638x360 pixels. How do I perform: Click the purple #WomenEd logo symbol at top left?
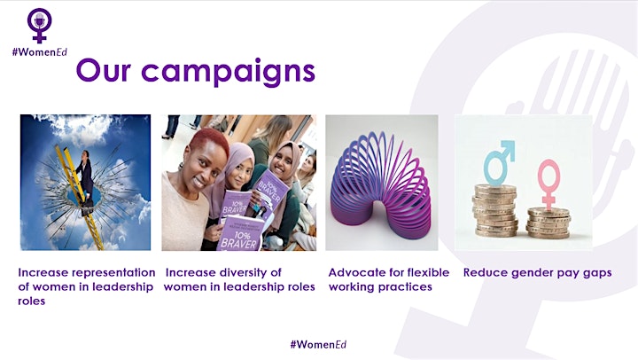pyautogui.click(x=40, y=25)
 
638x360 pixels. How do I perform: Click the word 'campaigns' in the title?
pyautogui.click(x=229, y=72)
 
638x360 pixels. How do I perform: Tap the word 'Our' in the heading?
pyautogui.click(x=104, y=70)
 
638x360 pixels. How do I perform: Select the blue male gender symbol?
pyautogui.click(x=498, y=163)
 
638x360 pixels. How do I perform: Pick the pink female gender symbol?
pyautogui.click(x=549, y=184)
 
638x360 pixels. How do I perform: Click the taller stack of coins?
pyautogui.click(x=495, y=210)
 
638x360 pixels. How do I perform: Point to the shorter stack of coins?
pyautogui.click(x=549, y=223)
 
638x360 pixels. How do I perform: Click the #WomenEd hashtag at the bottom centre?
pyautogui.click(x=318, y=344)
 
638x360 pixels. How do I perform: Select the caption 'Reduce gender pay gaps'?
pyautogui.click(x=537, y=272)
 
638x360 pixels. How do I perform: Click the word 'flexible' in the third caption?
pyautogui.click(x=428, y=272)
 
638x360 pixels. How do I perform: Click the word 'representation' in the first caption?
pyautogui.click(x=115, y=272)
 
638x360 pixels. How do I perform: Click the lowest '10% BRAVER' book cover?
pyautogui.click(x=239, y=234)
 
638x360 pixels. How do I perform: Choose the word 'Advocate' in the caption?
pyautogui.click(x=352, y=272)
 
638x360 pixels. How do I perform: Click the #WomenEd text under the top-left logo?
pyautogui.click(x=40, y=51)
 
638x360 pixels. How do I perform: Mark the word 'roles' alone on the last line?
pyautogui.click(x=31, y=301)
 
